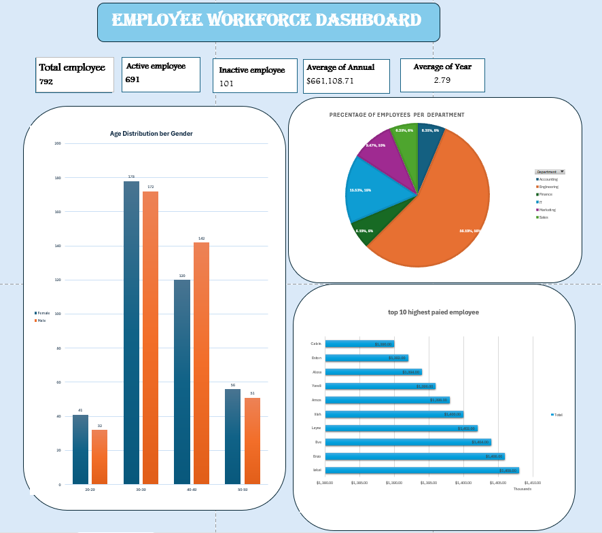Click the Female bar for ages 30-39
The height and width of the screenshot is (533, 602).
(131, 333)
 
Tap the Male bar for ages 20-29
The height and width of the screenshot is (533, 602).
(100, 457)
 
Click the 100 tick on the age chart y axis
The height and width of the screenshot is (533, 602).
(58, 314)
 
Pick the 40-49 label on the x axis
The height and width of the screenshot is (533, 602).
(191, 490)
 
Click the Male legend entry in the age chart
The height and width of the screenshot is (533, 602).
(41, 320)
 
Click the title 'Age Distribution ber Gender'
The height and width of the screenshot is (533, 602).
(151, 134)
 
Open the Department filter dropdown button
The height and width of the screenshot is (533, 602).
(562, 172)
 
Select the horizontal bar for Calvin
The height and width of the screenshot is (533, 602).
(359, 344)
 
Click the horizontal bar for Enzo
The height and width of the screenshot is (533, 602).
(414, 456)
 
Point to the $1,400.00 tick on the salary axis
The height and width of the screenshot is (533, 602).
(463, 483)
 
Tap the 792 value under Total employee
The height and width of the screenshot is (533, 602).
(46, 82)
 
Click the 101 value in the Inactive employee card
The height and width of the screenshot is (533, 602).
(227, 84)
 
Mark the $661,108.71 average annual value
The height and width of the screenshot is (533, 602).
(340, 81)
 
